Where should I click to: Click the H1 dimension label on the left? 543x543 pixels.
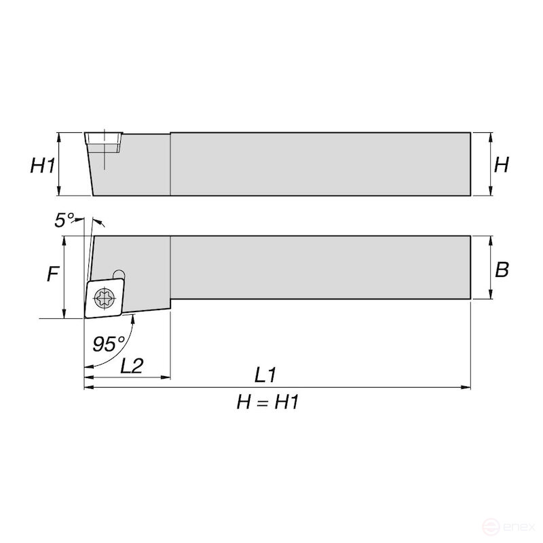[x=42, y=165]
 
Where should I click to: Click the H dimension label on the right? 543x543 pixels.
[x=501, y=164]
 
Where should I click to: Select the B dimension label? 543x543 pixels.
[x=502, y=269]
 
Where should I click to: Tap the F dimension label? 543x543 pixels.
[x=52, y=274]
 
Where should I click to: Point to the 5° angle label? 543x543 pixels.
[x=64, y=219]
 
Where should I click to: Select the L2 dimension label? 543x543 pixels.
[x=131, y=367]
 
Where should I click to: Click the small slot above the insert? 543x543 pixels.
[x=119, y=271]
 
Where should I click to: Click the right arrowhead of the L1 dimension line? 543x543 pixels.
[x=467, y=388]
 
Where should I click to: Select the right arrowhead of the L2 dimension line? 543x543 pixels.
[x=166, y=377]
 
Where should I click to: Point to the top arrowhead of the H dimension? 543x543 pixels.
[x=490, y=136]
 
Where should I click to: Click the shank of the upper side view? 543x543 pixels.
[x=319, y=164]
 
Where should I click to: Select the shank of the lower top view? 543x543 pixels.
[x=319, y=267]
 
